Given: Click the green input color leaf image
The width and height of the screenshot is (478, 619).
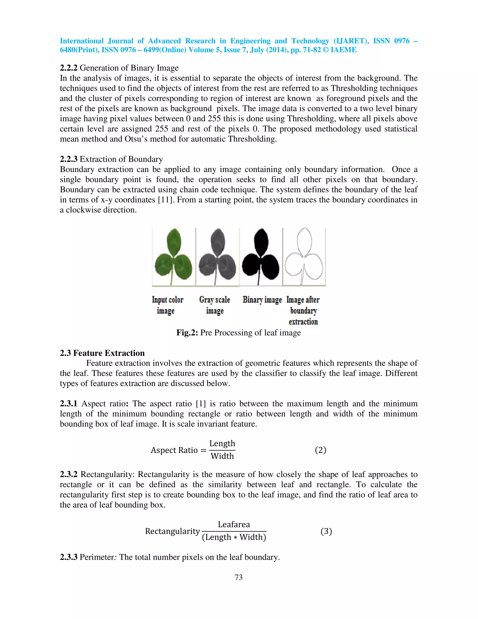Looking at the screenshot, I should tap(173, 256).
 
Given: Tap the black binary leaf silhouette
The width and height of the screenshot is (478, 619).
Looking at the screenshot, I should tap(260, 256).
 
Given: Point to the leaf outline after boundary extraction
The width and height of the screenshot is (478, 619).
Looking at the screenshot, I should tap(304, 256).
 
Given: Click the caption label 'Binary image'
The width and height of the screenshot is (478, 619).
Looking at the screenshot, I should tap(262, 300).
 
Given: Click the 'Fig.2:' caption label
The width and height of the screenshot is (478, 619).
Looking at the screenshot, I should tap(187, 332).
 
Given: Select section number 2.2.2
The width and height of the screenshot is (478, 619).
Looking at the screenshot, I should tap(69, 68).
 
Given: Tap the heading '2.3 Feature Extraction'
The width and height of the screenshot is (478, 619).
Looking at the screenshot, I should tap(102, 353).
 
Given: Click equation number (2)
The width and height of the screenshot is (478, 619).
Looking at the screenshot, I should tap(320, 450).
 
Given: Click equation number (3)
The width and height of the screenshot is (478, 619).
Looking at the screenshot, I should tap(326, 531).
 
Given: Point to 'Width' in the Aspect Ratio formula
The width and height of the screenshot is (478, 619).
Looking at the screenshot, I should tap(222, 456).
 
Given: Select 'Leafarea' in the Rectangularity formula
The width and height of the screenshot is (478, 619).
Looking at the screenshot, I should tap(234, 524).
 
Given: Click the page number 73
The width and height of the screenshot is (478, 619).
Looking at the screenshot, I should tap(239, 577).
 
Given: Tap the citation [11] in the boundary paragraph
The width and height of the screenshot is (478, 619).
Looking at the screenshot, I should tap(165, 200).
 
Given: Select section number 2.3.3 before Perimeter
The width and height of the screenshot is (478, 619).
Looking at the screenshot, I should tap(69, 557).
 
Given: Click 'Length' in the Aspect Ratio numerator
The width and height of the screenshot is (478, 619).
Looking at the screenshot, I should tap(222, 443).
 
